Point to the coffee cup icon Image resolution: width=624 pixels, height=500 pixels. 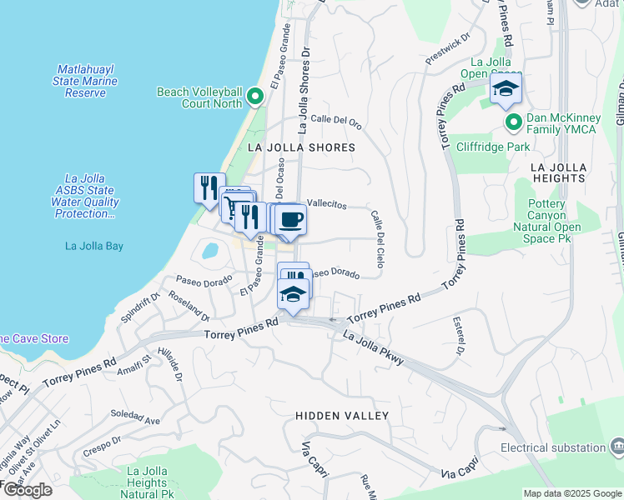click(x=290, y=220)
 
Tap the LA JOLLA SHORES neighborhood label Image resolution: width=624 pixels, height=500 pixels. click(x=302, y=147)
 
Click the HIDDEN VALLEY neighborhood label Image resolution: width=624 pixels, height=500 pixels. click(x=342, y=415)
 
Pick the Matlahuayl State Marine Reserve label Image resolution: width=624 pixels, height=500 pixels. click(x=87, y=81)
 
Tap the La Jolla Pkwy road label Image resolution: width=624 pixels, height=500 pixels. click(x=373, y=347)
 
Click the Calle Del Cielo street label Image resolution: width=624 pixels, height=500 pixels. click(x=377, y=232)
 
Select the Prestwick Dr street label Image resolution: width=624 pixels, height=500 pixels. click(x=448, y=51)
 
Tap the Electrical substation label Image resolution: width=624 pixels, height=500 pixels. click(x=553, y=447)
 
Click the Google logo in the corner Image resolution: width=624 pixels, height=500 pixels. click(x=27, y=490)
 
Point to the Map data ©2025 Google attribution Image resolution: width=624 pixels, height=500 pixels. click(x=572, y=493)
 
